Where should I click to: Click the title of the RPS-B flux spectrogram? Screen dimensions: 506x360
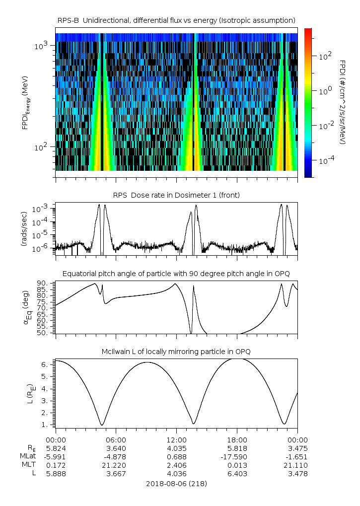tap(176, 20)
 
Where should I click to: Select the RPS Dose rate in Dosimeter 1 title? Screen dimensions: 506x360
tap(176, 195)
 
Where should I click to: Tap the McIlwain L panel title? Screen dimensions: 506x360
tap(176, 352)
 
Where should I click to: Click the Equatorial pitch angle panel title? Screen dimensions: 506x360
tap(176, 274)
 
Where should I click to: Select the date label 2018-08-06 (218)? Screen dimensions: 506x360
tap(176, 483)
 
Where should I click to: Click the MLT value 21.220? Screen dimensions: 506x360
tap(116, 465)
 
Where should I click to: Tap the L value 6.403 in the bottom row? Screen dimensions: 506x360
tap(237, 474)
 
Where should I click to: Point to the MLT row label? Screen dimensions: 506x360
tap(28, 465)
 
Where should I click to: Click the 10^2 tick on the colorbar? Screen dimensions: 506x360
tap(325, 57)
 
